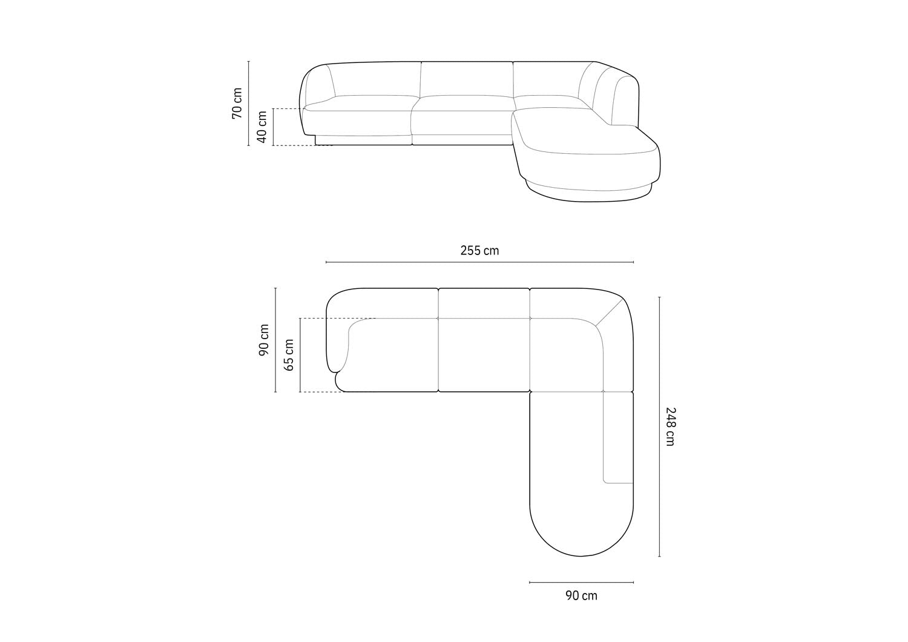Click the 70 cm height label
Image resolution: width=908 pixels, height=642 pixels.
click(237, 104)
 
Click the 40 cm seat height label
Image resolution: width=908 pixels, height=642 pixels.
click(262, 127)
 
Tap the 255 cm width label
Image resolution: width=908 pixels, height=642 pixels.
click(479, 251)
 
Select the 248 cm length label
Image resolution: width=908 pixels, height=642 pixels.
click(669, 426)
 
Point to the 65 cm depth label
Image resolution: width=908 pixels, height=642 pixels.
click(289, 355)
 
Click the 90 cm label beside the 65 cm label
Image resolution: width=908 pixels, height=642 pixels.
click(265, 340)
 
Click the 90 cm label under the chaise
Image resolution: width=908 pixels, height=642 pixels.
click(581, 596)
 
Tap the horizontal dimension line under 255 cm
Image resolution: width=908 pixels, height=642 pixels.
click(479, 262)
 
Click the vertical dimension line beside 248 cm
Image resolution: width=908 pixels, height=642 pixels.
click(659, 426)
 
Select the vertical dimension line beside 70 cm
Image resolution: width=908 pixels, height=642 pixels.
click(249, 104)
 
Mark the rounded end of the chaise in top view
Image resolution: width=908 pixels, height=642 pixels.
click(581, 539)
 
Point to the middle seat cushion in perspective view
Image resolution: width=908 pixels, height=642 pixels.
click(463, 103)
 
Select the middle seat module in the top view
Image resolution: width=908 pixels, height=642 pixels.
click(484, 354)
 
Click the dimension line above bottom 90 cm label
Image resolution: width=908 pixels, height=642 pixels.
click(581, 583)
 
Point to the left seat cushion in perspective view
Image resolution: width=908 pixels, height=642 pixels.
click(363, 103)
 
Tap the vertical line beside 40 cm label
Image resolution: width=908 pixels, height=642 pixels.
click(274, 127)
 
